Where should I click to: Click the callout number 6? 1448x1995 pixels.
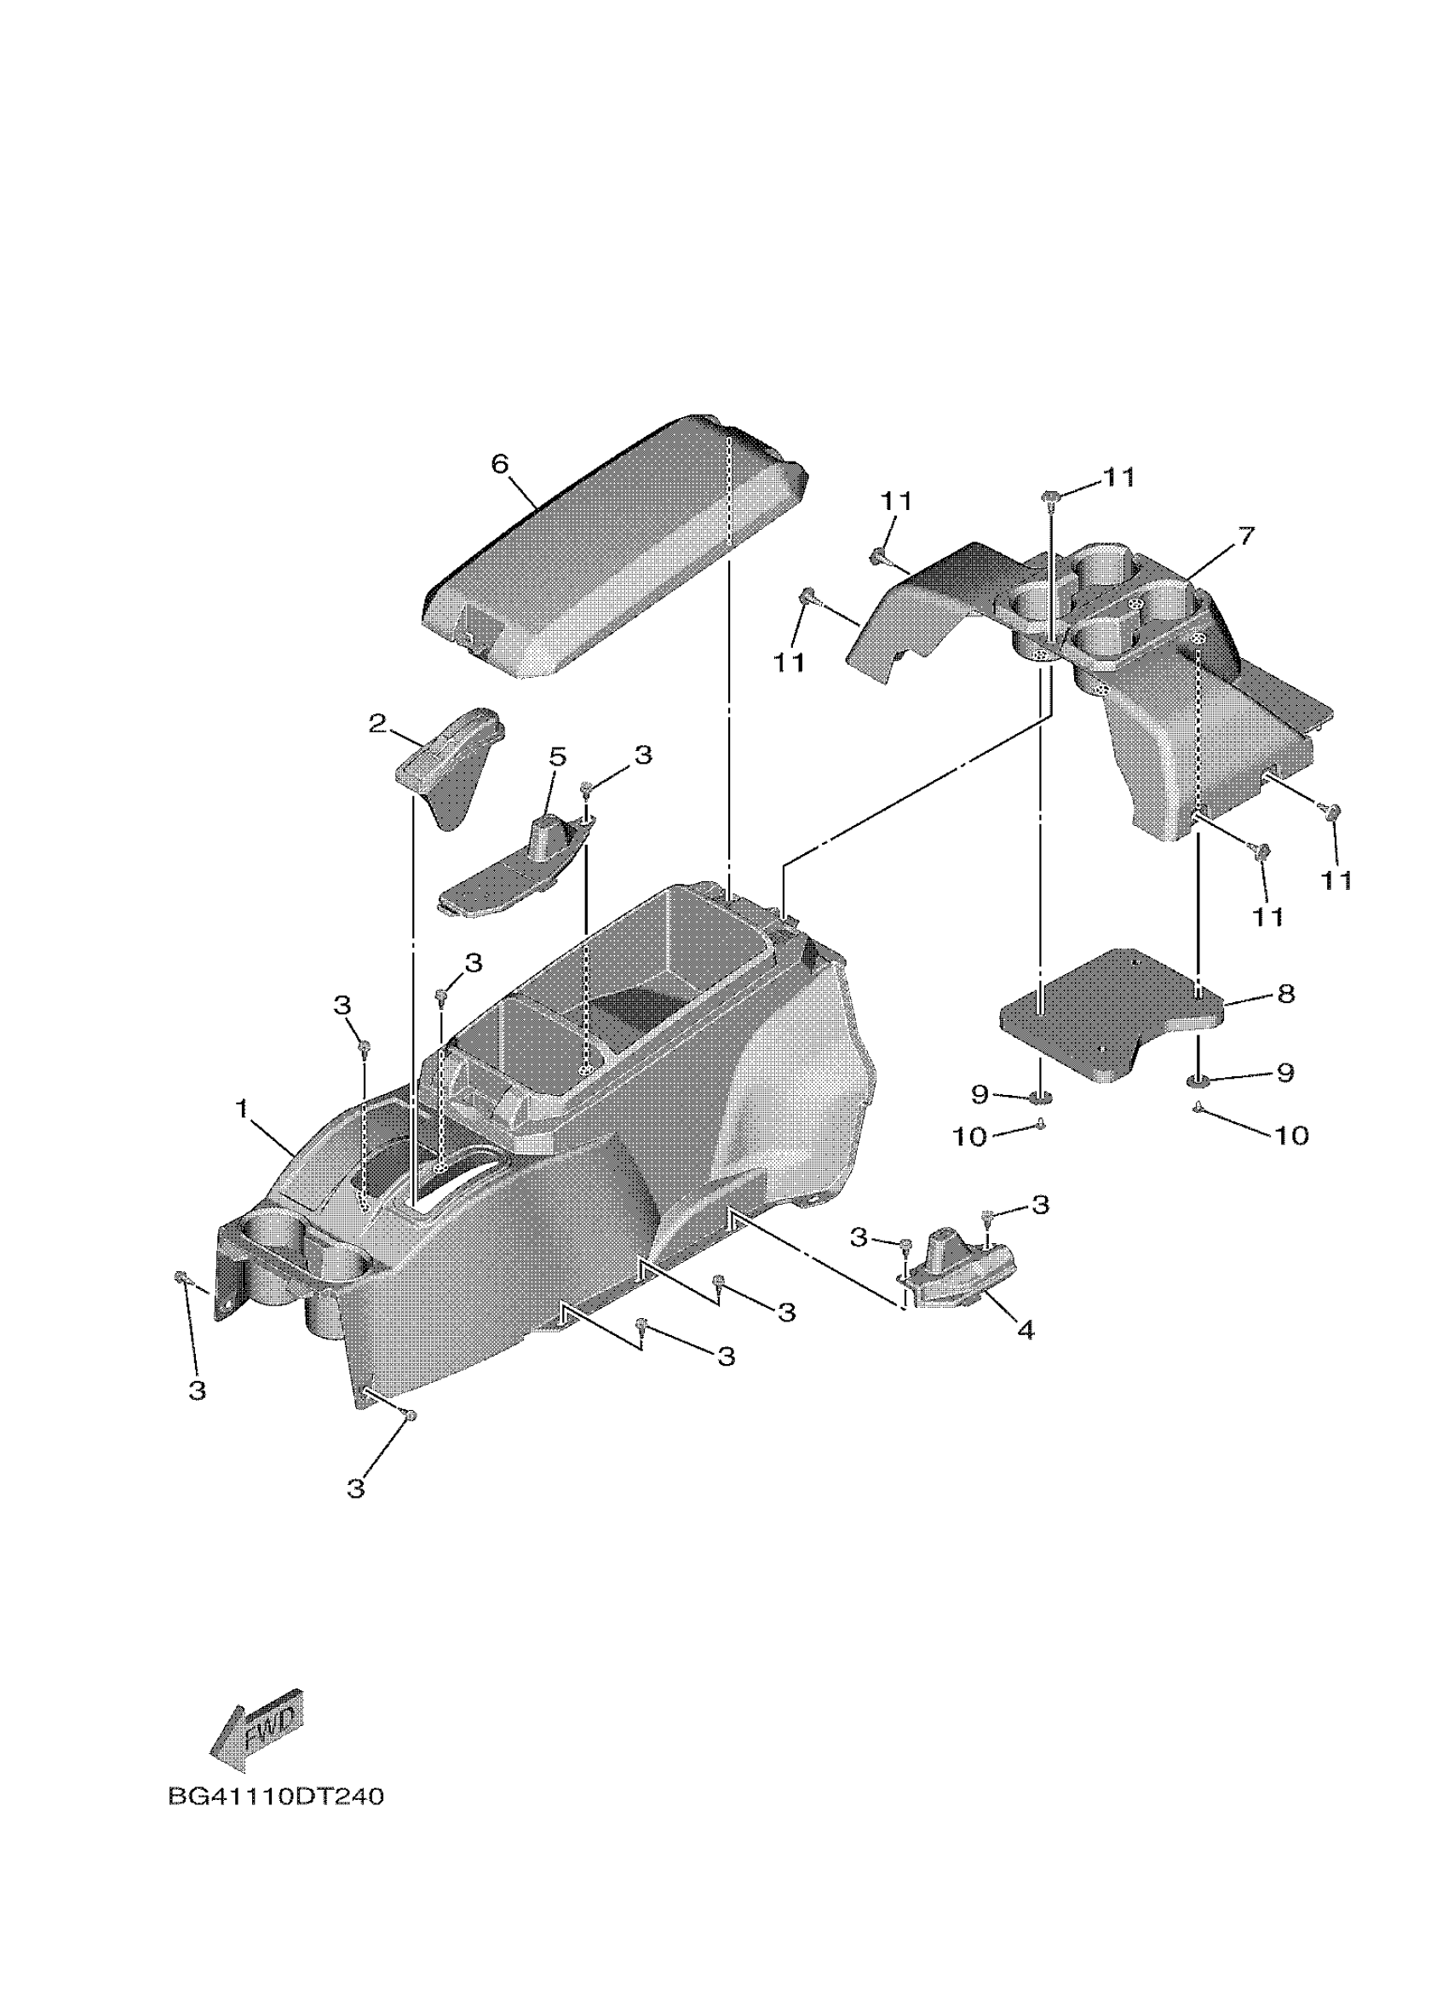(x=500, y=463)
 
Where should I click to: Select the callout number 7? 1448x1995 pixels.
(x=1245, y=536)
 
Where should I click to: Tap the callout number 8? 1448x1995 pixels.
(x=1285, y=994)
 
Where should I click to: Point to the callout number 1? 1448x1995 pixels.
(x=242, y=1110)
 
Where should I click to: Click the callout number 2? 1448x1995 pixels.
(x=377, y=724)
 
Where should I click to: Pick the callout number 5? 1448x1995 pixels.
(x=558, y=757)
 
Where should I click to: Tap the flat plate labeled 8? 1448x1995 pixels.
(x=1108, y=1020)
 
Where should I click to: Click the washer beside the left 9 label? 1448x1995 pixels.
(x=1041, y=1097)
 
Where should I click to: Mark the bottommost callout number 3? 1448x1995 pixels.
(x=355, y=1489)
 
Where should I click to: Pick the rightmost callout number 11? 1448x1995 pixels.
(x=1336, y=880)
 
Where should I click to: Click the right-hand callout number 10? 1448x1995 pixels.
(x=1291, y=1136)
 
